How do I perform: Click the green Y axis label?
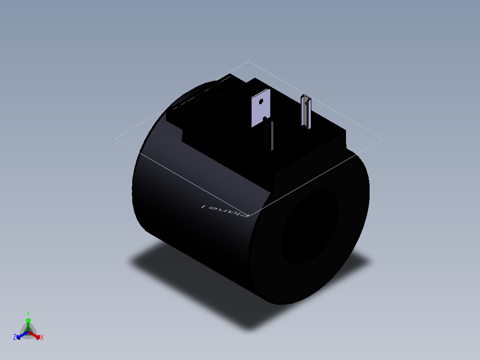pyautogui.click(x=28, y=313)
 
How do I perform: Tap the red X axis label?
pyautogui.click(x=42, y=338)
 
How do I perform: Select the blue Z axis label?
pyautogui.click(x=15, y=338)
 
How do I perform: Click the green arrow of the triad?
pyautogui.click(x=28, y=321)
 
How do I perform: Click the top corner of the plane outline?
pyautogui.click(x=248, y=62)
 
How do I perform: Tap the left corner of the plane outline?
pyautogui.click(x=115, y=139)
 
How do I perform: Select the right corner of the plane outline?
pyautogui.click(x=382, y=139)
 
